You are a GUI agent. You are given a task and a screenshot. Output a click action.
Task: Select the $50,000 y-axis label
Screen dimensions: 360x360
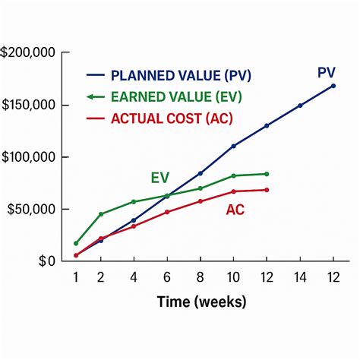pos(30,209)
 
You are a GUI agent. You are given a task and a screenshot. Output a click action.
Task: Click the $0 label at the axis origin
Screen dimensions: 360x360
pos(47,261)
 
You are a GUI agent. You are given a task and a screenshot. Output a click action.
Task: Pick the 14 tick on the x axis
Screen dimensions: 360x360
pos(299,278)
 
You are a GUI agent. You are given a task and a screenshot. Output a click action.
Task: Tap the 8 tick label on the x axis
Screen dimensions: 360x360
pos(201,278)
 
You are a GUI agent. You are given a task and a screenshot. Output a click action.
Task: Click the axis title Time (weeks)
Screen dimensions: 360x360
pos(201,302)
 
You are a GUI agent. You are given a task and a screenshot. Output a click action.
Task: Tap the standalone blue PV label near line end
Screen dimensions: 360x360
pos(327,73)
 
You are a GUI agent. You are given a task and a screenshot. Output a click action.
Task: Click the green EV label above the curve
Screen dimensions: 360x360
pos(159,178)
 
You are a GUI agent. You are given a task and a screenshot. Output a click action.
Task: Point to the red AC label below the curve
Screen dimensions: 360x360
pos(235,210)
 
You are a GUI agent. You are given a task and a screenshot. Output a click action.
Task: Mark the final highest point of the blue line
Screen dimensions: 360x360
pos(333,86)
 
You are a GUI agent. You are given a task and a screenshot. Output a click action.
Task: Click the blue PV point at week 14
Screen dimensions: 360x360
pos(299,106)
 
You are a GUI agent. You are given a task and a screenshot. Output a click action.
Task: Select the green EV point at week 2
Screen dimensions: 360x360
pos(101,214)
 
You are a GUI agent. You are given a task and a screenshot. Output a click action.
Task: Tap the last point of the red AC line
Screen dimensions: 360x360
pos(266,190)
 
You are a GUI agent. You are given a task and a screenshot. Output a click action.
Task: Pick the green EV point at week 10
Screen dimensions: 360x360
pos(233,176)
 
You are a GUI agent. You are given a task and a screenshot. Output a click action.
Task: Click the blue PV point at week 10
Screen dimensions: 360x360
pos(233,146)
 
